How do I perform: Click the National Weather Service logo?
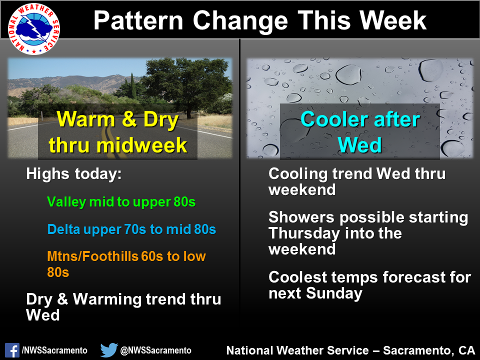33,29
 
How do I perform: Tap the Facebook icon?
12,350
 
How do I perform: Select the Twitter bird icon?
109,350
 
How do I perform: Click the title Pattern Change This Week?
259,20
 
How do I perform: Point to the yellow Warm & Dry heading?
118,132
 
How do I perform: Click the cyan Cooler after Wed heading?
360,132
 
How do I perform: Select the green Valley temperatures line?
121,202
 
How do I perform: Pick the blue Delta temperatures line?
131,229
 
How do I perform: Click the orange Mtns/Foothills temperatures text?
126,264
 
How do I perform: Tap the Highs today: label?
74,174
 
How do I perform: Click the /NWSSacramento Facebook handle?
54,350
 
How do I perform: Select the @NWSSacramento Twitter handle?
156,350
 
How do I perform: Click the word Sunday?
334,293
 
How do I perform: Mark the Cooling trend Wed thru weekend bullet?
357,181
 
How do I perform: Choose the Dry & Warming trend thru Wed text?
123,307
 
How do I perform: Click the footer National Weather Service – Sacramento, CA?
350,350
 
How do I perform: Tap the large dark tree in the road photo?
186,82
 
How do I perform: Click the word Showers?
301,217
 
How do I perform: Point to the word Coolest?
298,277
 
